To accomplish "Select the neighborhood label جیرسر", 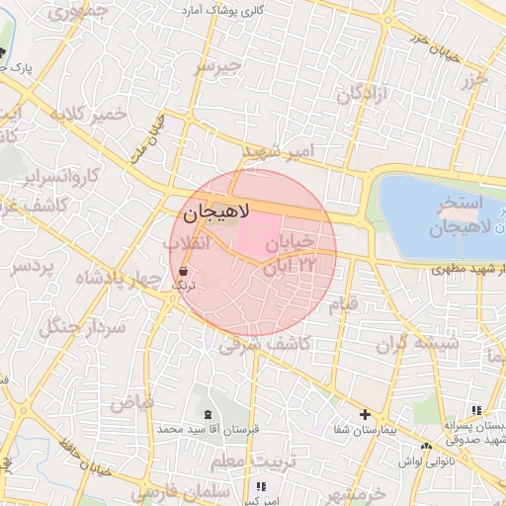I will coord(217,66).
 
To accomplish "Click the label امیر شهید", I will coord(282,150).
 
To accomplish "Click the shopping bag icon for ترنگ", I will coord(184,271).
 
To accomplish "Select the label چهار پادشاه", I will coord(110,279).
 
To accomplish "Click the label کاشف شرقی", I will coord(265,344).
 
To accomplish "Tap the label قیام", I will coord(344,305).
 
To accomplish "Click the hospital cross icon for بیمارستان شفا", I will coord(365,414).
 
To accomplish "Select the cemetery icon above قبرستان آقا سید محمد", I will coord(207,414).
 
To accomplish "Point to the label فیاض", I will coord(131,402).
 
